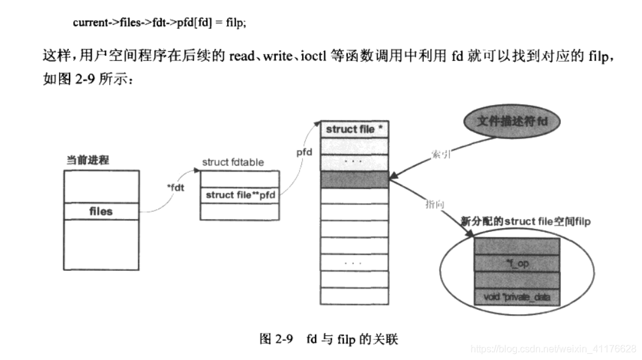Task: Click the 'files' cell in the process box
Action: [x=101, y=211]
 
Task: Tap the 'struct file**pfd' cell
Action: [x=240, y=195]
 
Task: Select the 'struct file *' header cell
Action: [x=354, y=129]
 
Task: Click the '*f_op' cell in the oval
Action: [x=516, y=263]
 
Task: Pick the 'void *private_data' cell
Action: [x=516, y=297]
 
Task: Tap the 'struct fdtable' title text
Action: [x=234, y=163]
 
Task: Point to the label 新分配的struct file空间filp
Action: [x=525, y=221]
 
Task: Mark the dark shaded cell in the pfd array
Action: [x=354, y=179]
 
